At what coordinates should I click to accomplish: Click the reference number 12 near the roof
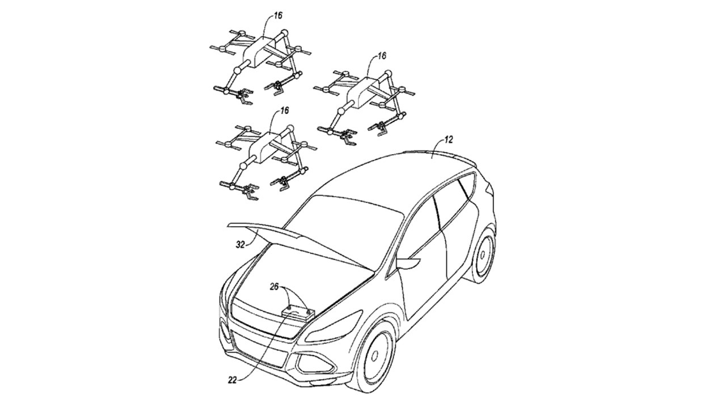(449, 140)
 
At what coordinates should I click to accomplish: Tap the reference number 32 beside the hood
(240, 245)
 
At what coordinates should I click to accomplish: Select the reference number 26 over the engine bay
(274, 287)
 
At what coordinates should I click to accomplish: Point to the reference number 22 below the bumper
(233, 380)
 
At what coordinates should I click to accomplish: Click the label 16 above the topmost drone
(278, 15)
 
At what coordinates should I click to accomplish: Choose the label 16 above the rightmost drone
(382, 56)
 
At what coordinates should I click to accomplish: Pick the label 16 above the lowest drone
(284, 110)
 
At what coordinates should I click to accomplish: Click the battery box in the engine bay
(298, 314)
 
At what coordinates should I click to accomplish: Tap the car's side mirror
(408, 262)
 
